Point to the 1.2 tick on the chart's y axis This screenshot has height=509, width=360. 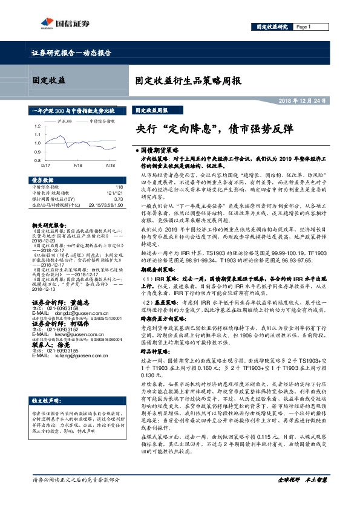(x=36, y=125)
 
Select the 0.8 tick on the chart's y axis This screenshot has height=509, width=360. (x=36, y=160)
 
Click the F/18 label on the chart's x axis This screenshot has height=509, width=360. (x=78, y=165)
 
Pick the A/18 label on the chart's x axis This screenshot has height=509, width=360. (x=110, y=165)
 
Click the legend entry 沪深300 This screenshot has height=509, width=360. (x=65, y=121)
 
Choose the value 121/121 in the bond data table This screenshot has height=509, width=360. (x=115, y=193)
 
